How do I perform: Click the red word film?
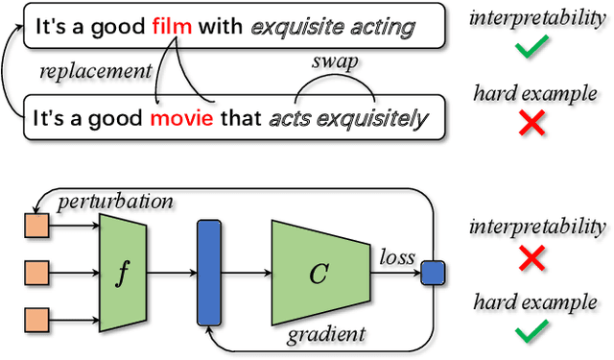click(171, 29)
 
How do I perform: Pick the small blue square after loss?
click(433, 274)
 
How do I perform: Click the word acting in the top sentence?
click(382, 29)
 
